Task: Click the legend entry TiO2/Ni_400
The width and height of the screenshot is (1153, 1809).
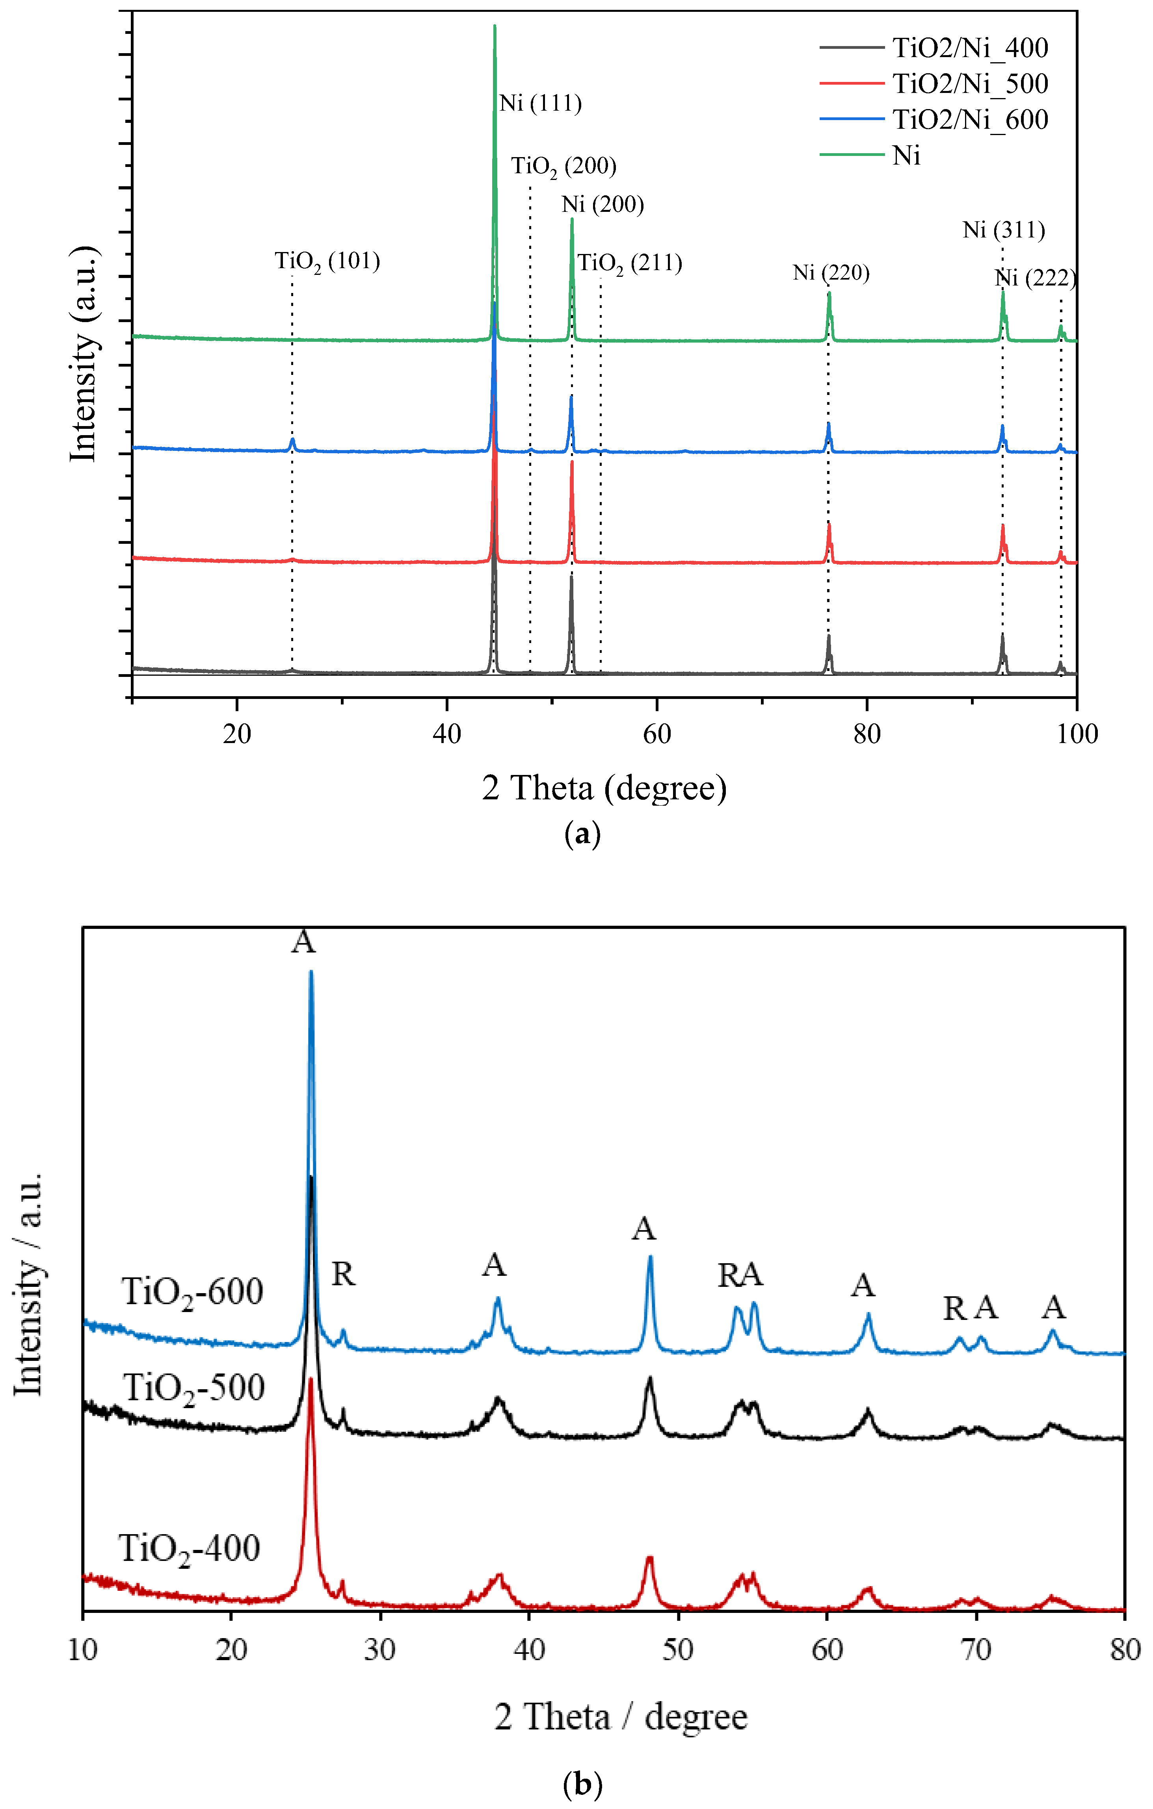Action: pyautogui.click(x=970, y=48)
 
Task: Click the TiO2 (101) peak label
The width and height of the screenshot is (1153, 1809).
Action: pyautogui.click(x=327, y=261)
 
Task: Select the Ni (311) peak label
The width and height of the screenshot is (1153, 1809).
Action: pyautogui.click(x=1003, y=230)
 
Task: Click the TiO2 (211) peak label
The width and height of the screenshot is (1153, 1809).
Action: pyautogui.click(x=630, y=264)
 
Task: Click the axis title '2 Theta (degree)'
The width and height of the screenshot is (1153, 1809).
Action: pyautogui.click(x=604, y=788)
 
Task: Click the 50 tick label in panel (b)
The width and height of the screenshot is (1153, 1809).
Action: pyautogui.click(x=678, y=1650)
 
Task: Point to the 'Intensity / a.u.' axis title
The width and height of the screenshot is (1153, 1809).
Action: pyautogui.click(x=28, y=1284)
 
